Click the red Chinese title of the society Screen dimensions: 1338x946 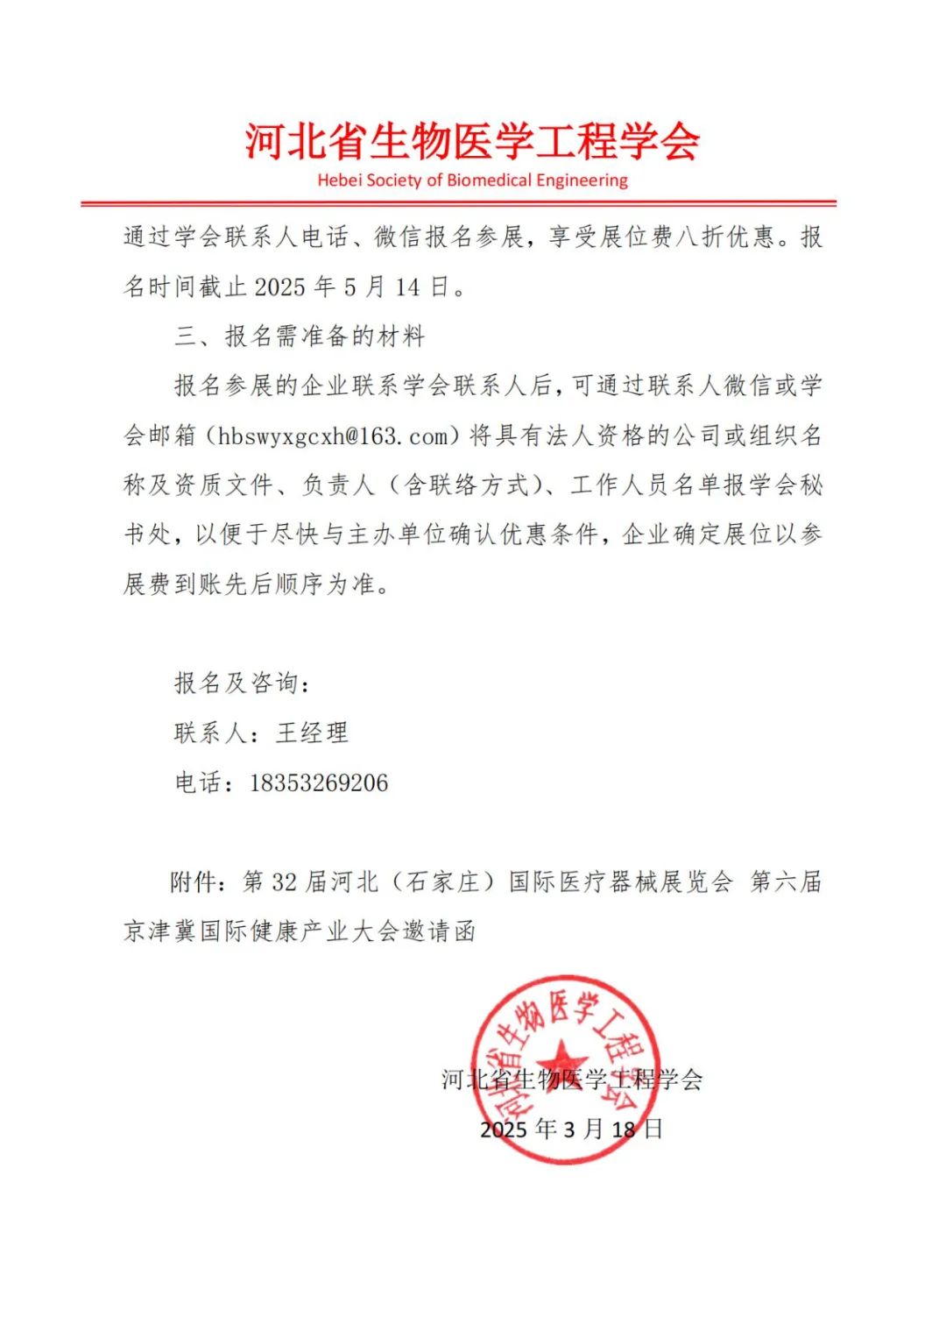pyautogui.click(x=472, y=141)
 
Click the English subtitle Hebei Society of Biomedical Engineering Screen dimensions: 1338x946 pyautogui.click(x=472, y=181)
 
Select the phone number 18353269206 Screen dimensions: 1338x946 pyautogui.click(x=319, y=782)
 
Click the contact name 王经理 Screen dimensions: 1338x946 pyautogui.click(x=312, y=733)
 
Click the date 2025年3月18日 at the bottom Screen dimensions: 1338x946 pyautogui.click(x=571, y=1129)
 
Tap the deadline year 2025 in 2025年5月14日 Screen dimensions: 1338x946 pyautogui.click(x=279, y=287)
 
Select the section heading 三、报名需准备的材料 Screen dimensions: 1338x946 pyautogui.click(x=300, y=336)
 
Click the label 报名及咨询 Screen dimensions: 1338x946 pyautogui.click(x=236, y=683)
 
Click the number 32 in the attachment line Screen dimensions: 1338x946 pyautogui.click(x=284, y=882)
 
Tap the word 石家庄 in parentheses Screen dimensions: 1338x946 pyautogui.click(x=444, y=881)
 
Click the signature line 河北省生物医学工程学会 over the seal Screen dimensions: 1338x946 pyautogui.click(x=571, y=1079)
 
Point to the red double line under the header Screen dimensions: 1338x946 pyautogui.click(x=458, y=204)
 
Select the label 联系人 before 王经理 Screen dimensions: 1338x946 pyautogui.click(x=210, y=733)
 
